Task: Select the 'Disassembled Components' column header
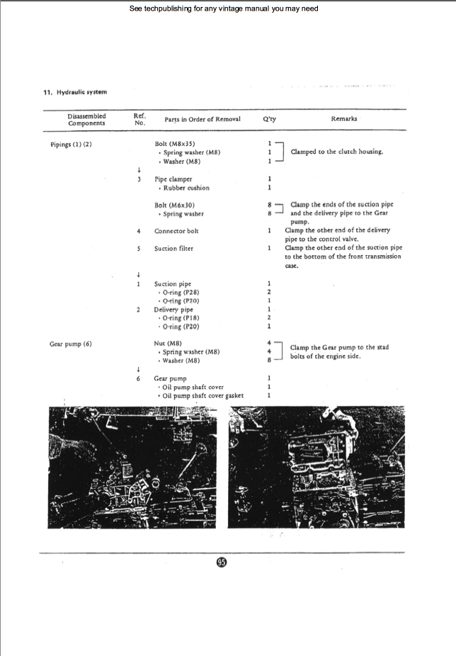(86, 120)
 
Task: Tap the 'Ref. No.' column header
(139, 119)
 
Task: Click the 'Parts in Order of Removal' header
(203, 119)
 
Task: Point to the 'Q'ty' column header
(269, 119)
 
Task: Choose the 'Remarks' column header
(343, 119)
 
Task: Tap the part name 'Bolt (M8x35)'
(175, 144)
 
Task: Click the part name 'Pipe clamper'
(173, 180)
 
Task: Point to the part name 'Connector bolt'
(176, 231)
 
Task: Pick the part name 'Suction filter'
(173, 249)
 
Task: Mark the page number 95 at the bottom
(222, 562)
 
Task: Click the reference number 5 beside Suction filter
(139, 249)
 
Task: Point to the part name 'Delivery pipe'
(173, 310)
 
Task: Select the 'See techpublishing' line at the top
(224, 9)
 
